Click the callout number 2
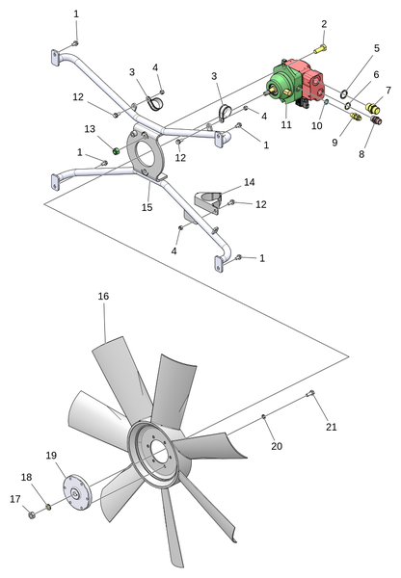coord(324,24)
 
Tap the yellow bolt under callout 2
coord(321,49)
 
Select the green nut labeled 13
coord(116,151)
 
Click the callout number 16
coord(104,296)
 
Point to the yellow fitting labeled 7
coord(373,108)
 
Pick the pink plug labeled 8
coord(376,120)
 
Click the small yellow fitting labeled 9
coord(355,118)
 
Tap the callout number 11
coord(286,124)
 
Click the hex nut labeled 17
coord(32,514)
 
